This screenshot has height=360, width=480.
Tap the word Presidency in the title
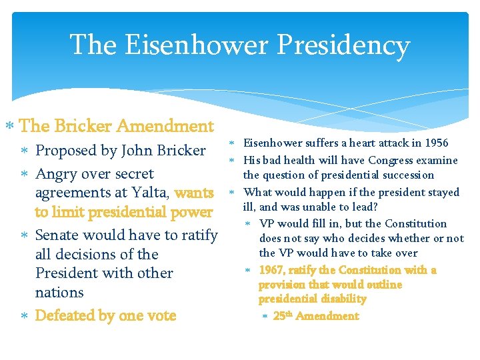(345, 45)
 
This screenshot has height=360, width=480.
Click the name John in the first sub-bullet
(137, 151)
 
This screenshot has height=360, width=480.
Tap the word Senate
(58, 235)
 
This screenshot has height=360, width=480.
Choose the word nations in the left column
(59, 293)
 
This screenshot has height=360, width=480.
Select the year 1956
(435, 143)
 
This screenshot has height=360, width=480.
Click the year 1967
(271, 270)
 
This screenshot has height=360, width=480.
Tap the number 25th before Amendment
(282, 316)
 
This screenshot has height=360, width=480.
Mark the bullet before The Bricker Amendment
(9, 126)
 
